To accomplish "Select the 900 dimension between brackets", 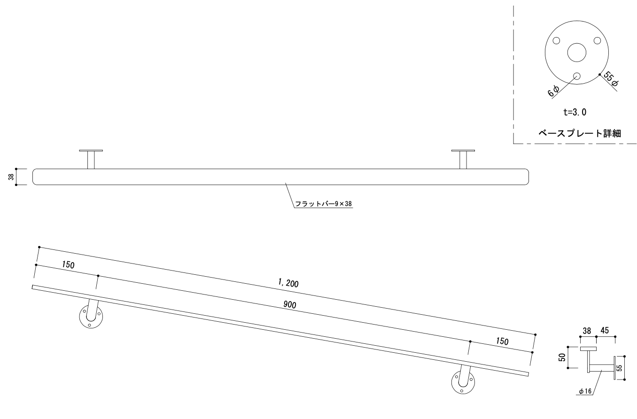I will tap(289, 304).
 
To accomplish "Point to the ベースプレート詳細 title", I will tap(580, 133).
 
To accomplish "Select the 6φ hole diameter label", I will tap(553, 90).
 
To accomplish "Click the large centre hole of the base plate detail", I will tap(576, 52).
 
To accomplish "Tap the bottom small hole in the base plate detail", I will tap(577, 76).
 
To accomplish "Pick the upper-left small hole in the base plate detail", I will tap(556, 40).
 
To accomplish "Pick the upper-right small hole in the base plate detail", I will tap(597, 40).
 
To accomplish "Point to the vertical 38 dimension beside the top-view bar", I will tap(11, 177).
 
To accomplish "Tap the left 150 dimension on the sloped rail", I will tap(68, 265).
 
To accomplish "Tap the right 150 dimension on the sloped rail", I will tap(502, 341).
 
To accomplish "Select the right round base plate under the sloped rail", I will tap(463, 382).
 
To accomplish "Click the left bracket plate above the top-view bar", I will tap(91, 151).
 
